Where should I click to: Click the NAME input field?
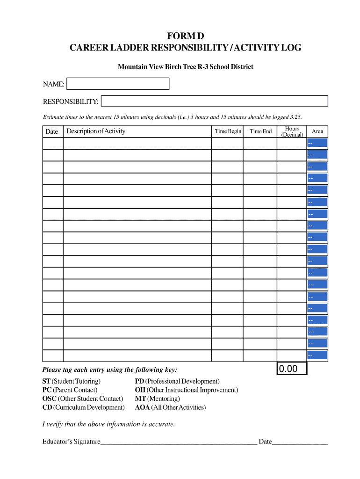pyautogui.click(x=118, y=84)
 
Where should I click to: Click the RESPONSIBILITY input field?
pyautogui.click(x=215, y=101)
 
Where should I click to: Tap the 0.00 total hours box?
pyautogui.click(x=292, y=369)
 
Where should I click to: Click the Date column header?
pyautogui.click(x=52, y=131)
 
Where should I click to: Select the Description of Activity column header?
pyautogui.click(x=96, y=131)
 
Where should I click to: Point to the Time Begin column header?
pyautogui.click(x=228, y=131)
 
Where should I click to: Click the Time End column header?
pyautogui.click(x=260, y=131)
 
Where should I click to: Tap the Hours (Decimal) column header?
pyautogui.click(x=292, y=131)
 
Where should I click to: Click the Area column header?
pyautogui.click(x=317, y=131)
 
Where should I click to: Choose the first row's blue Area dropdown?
pyautogui.click(x=317, y=143)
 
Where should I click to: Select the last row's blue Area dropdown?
pyautogui.click(x=317, y=356)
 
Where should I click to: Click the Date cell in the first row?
pyautogui.click(x=53, y=143)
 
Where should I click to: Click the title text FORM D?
pyautogui.click(x=186, y=36)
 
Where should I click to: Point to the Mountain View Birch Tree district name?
pyautogui.click(x=186, y=67)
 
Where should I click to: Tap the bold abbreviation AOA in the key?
pyautogui.click(x=142, y=407)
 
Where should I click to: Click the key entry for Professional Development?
pyautogui.click(x=177, y=381)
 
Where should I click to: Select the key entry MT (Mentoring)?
pyautogui.click(x=157, y=399)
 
